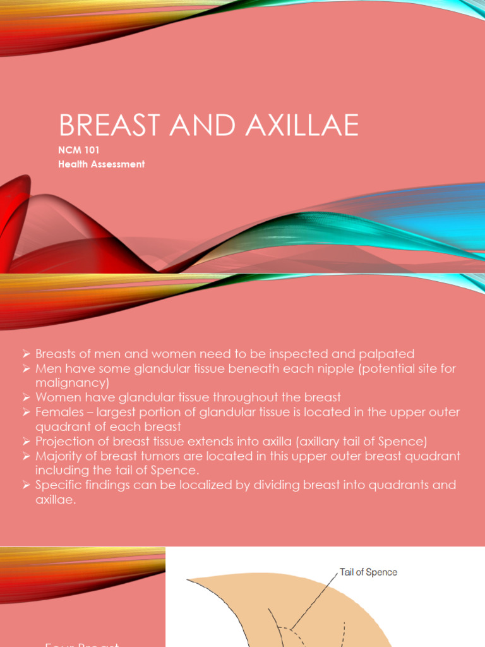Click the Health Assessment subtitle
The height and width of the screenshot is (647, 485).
click(x=102, y=164)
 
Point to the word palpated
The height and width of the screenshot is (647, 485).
click(x=387, y=354)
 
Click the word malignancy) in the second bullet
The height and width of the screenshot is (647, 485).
click(x=73, y=382)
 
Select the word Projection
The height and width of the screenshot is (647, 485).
click(x=64, y=441)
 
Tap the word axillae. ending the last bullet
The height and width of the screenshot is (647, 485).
click(x=56, y=499)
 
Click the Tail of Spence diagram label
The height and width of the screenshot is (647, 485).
click(x=368, y=572)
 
